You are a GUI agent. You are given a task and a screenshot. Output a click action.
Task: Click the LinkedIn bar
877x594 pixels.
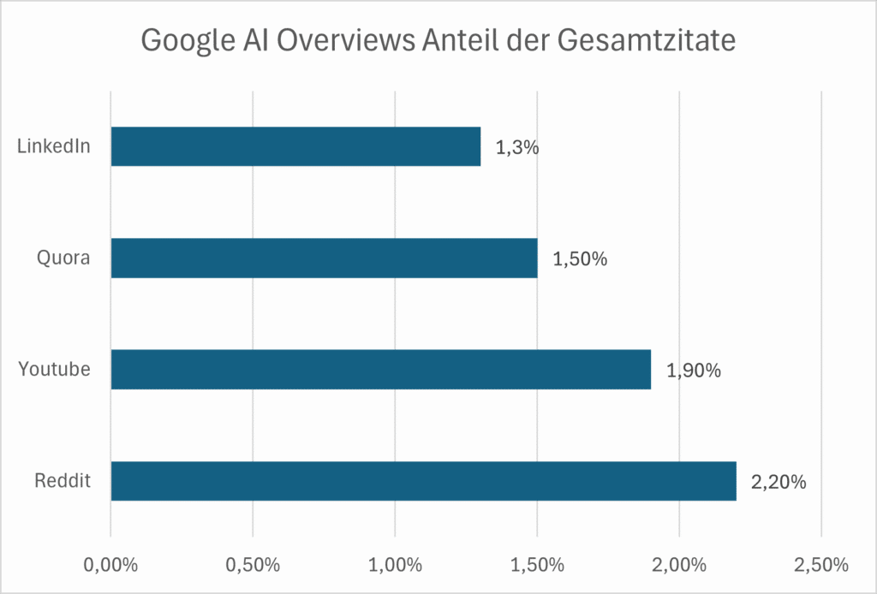295,146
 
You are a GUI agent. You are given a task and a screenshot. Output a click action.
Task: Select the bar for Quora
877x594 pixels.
324,258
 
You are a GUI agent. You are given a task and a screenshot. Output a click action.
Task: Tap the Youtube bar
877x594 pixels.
380,369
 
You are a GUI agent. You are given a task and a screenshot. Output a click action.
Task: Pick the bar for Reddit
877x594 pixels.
423,481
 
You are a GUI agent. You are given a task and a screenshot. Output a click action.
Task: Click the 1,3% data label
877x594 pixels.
516,147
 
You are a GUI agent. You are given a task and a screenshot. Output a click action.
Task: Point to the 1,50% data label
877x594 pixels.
580,258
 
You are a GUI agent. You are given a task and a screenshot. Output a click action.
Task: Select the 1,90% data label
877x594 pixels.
694,370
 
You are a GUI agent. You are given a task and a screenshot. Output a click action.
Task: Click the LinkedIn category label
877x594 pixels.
53,146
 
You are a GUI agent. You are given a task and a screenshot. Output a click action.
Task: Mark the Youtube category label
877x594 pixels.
55,369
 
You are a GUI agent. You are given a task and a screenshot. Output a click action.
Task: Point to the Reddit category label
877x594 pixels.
63,481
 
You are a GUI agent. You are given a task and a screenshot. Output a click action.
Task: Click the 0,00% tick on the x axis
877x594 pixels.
110,565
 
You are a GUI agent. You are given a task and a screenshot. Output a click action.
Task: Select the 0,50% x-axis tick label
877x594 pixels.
253,565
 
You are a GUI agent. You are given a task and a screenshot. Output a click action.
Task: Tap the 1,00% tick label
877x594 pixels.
395,565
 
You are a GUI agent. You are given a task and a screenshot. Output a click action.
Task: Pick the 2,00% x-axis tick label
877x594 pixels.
679,565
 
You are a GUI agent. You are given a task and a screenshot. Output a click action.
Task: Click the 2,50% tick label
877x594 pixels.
820,565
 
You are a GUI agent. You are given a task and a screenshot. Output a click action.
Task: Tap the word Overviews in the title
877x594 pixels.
348,40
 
